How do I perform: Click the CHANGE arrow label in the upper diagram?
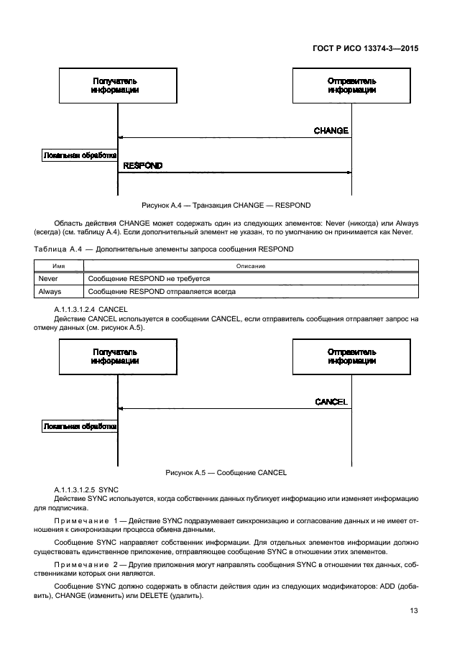tap(331, 131)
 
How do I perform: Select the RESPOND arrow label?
tap(143, 166)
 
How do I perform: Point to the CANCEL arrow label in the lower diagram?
tap(331, 402)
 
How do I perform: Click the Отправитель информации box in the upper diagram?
tap(351, 86)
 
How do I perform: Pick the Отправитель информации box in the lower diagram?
tap(351, 357)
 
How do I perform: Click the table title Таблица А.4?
tap(163, 249)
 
